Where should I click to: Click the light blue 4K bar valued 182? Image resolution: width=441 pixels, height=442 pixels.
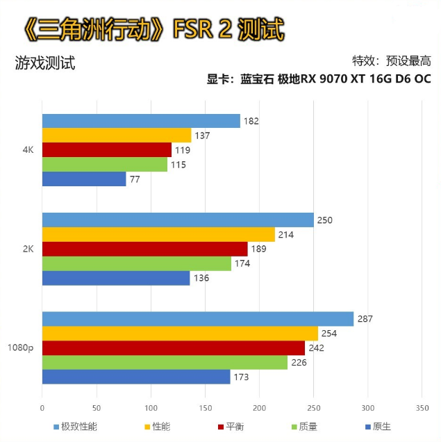pos(141,121)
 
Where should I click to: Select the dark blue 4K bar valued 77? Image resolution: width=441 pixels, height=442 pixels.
pos(84,179)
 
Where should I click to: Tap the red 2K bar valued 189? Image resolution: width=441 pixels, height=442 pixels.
pos(145,249)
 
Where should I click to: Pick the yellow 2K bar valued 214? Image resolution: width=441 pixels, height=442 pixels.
pos(158,234)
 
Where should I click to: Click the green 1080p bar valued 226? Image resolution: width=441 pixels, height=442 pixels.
pos(165,362)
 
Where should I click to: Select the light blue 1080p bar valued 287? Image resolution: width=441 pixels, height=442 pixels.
pos(198,319)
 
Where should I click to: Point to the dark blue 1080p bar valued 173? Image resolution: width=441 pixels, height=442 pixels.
pos(136,377)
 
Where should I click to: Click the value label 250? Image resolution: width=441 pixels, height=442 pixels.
pos(325,220)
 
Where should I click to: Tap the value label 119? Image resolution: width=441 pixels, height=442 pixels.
pos(183,150)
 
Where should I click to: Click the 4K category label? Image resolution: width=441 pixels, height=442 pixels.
pos(28,149)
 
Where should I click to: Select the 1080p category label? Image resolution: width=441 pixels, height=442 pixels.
pos(21,347)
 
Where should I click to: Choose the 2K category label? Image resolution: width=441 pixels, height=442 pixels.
pos(28,248)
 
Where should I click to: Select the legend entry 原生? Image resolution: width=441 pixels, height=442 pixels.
pos(381,426)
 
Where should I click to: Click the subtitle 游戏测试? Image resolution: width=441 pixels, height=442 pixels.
pos(44,63)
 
